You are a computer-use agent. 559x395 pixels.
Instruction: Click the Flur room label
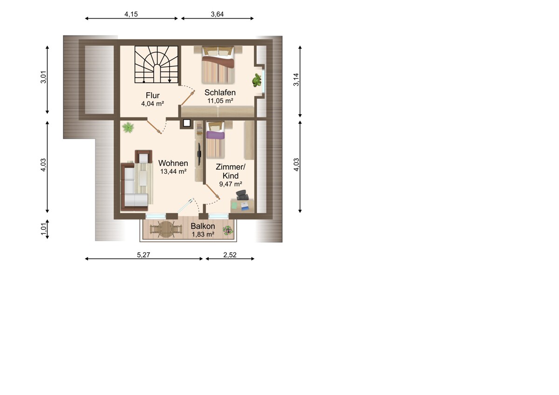(152, 95)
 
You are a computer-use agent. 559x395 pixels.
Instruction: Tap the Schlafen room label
(220, 93)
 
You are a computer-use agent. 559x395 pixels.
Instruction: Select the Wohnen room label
(173, 163)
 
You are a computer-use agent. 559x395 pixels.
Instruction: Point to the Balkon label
(203, 226)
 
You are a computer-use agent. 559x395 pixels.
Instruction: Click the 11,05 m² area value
(220, 101)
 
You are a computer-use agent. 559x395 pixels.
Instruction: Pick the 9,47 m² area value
(231, 184)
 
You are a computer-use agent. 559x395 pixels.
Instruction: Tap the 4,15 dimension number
(131, 14)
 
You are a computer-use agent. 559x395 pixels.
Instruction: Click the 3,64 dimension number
(217, 14)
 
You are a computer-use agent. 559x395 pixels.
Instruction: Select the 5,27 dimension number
(143, 255)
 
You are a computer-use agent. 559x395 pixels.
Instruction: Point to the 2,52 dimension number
(230, 255)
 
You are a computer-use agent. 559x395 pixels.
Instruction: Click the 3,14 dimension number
(296, 80)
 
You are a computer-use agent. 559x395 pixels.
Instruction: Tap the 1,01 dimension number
(43, 229)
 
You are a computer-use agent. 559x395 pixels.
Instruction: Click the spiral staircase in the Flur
(156, 64)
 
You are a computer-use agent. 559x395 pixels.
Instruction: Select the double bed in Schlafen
(218, 65)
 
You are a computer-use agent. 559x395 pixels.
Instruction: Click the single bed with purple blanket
(215, 140)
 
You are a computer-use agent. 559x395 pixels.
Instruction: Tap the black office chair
(242, 195)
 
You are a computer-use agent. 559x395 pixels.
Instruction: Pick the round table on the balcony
(166, 230)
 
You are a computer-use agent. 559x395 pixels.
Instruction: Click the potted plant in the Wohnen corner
(128, 128)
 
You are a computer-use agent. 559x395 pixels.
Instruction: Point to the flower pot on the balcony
(228, 230)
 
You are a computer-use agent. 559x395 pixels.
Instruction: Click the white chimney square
(187, 123)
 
